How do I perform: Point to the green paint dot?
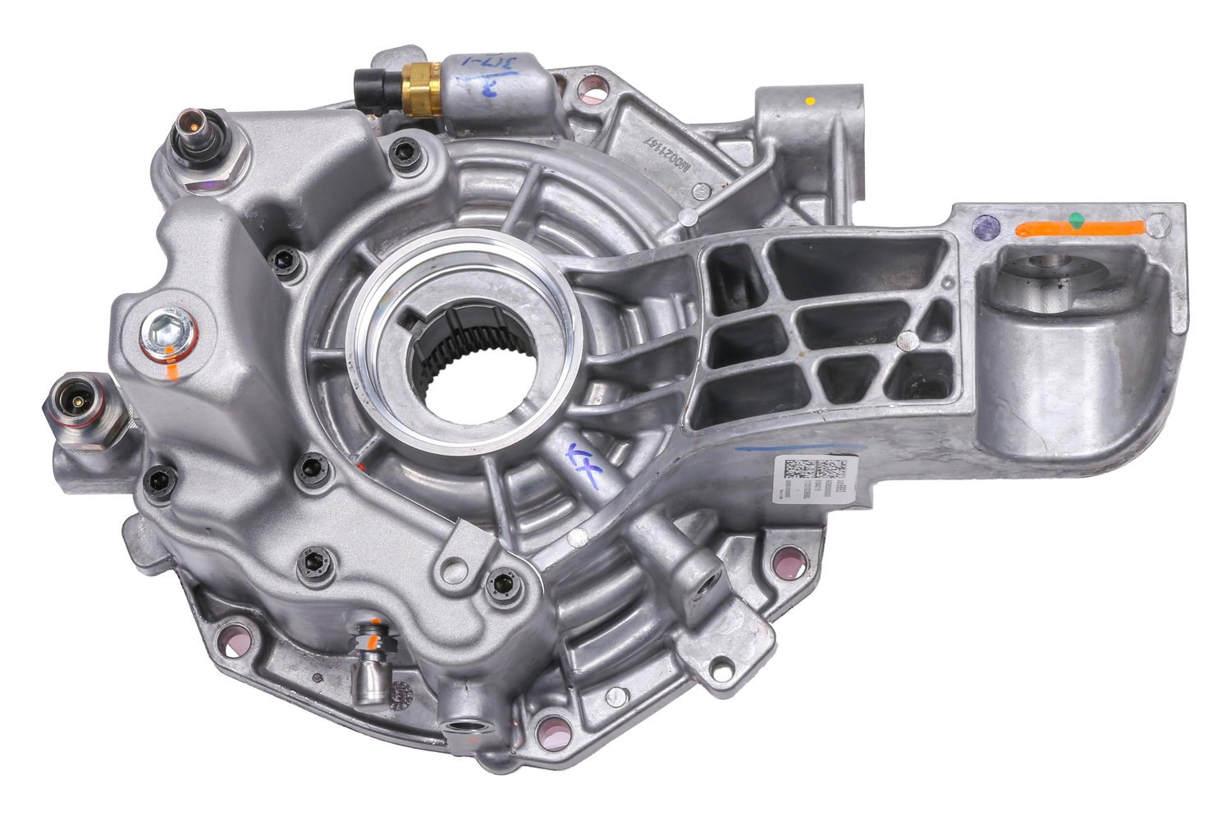coord(1076,220)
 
